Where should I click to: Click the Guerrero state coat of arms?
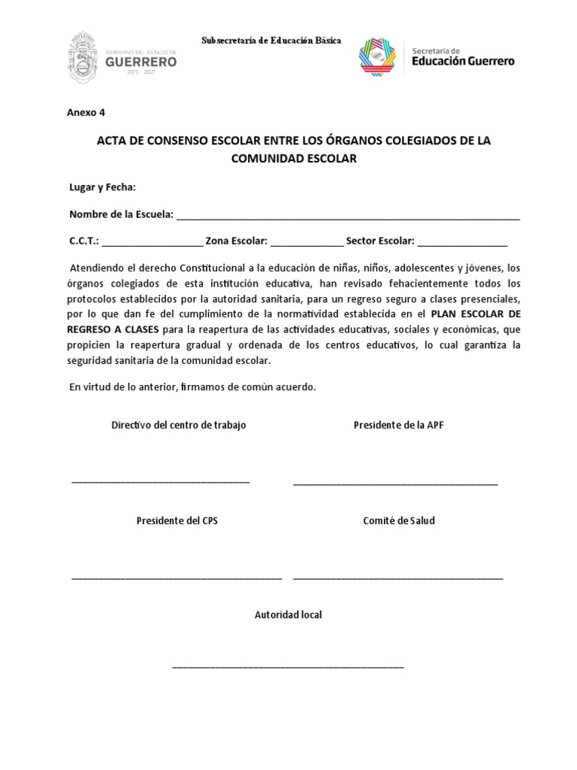(x=85, y=53)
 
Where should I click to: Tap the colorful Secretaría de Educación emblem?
(x=382, y=55)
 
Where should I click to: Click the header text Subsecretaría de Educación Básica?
(x=271, y=39)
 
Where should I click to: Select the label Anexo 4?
(x=86, y=113)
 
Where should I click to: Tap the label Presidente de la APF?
(x=399, y=426)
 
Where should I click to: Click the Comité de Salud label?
(x=398, y=520)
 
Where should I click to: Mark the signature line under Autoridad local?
(x=288, y=667)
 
